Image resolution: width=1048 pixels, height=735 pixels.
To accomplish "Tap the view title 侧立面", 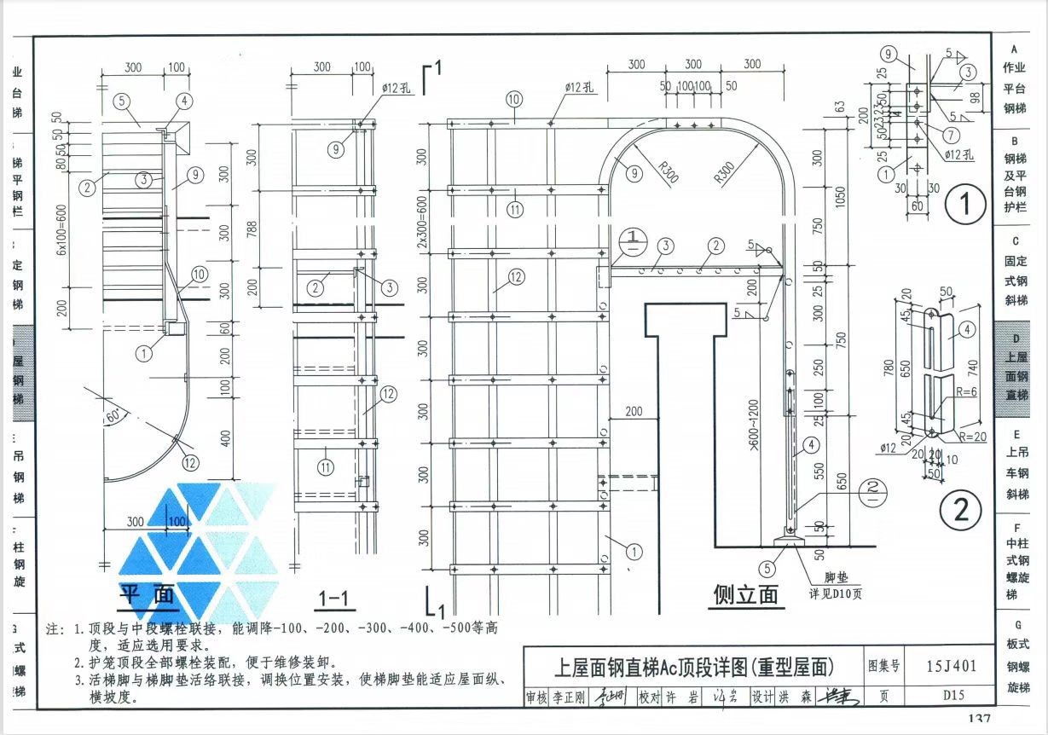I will click(x=746, y=594).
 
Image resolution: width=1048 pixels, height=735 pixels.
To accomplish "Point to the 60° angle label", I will click(x=114, y=417).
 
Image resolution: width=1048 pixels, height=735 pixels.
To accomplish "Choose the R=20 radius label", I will click(x=972, y=437).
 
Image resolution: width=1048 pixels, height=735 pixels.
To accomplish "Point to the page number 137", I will click(x=979, y=721).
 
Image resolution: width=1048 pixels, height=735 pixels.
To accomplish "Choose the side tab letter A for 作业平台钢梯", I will click(x=1015, y=49).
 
